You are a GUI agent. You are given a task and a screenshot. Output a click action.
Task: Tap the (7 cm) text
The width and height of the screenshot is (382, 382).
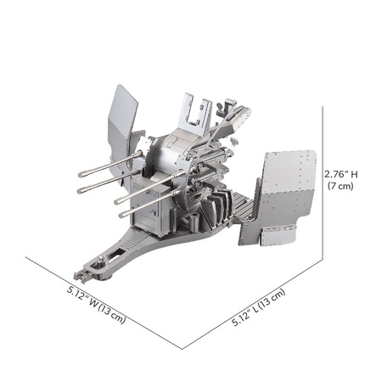pos(340,187)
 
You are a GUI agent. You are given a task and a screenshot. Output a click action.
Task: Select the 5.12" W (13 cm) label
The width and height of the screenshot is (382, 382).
pos(96,306)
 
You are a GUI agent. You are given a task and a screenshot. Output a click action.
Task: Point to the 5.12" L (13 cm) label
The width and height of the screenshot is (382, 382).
pos(259,309)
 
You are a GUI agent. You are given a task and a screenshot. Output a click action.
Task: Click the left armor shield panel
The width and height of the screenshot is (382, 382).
pos(121,119)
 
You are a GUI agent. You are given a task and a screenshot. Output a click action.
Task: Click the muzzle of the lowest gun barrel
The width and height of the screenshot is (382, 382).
pos(121,215)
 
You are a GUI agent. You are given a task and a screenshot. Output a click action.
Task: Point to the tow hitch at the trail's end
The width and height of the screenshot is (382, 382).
pos(82,276)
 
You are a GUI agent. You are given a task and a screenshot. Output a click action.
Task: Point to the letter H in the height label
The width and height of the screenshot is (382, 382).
pos(354,174)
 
